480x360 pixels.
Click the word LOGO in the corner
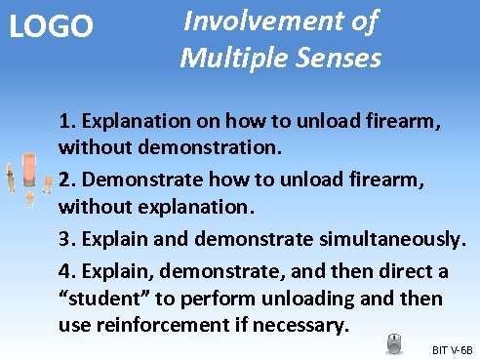click(51, 26)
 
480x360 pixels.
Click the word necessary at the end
click(304, 324)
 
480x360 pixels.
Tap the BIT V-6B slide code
click(451, 348)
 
